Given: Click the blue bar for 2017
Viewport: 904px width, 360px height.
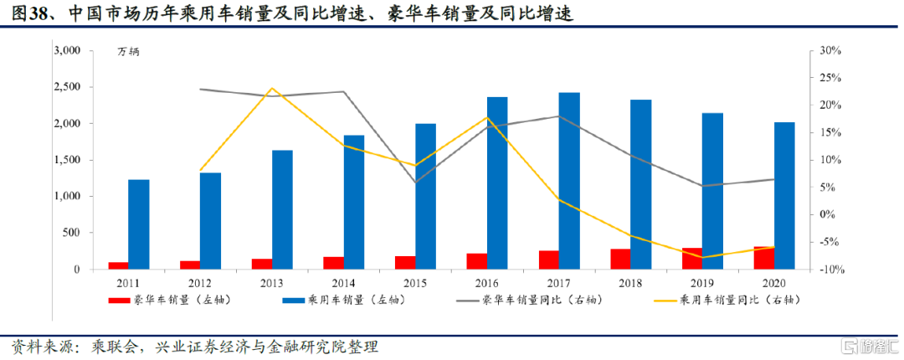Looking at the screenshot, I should pyautogui.click(x=569, y=181).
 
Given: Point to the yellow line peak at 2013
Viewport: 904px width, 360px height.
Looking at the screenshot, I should pyautogui.click(x=272, y=88).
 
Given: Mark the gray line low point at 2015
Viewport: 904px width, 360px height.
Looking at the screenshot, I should pyautogui.click(x=416, y=183).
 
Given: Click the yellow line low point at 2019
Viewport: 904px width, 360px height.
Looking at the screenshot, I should pyautogui.click(x=703, y=258).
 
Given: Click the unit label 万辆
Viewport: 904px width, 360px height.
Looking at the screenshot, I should pyautogui.click(x=129, y=52).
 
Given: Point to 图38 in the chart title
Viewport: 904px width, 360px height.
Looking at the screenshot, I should pyautogui.click(x=28, y=14).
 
